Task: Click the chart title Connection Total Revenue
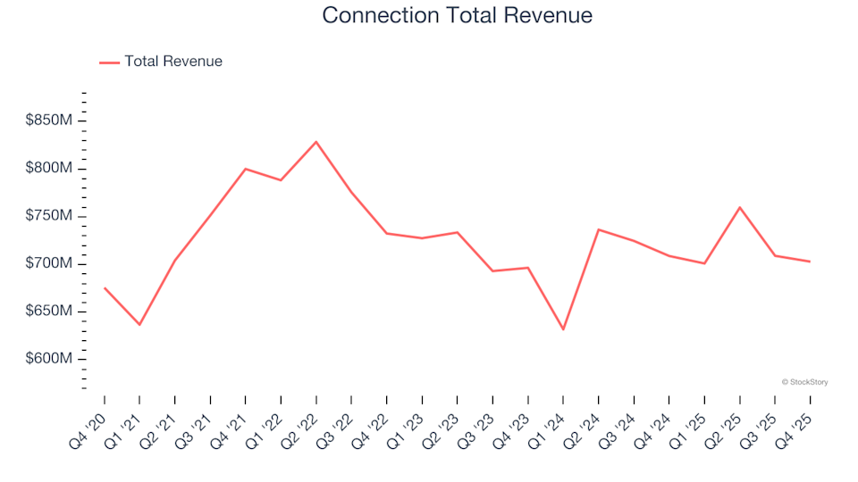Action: tap(457, 16)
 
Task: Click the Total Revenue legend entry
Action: tap(161, 62)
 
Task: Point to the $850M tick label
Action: tap(49, 120)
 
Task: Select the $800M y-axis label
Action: tap(49, 169)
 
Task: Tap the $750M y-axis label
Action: tap(49, 216)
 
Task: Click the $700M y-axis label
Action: tap(49, 263)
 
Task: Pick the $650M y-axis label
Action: tap(49, 311)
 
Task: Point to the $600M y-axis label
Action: tap(49, 359)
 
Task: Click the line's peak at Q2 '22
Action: tap(316, 142)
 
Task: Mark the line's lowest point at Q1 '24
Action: tap(563, 329)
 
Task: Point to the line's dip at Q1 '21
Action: tap(139, 324)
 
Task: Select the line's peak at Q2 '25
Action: tap(740, 207)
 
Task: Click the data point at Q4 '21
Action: tap(246, 169)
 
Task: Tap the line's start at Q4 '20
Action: tap(105, 287)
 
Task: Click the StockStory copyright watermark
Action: tap(804, 382)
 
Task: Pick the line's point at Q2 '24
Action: tap(599, 229)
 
